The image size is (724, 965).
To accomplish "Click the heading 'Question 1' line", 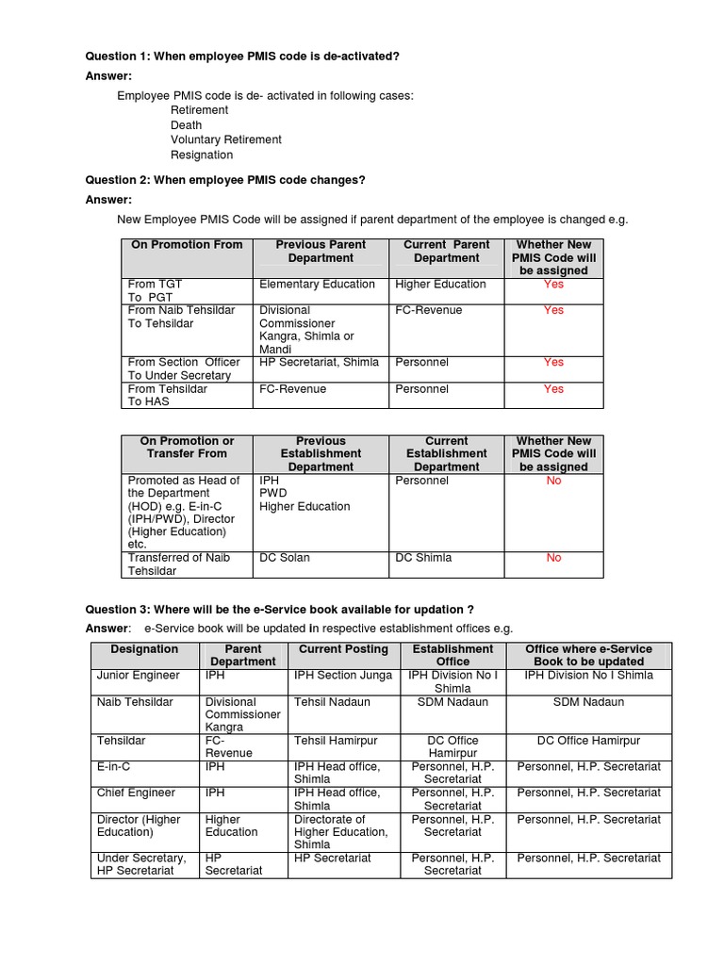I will [242, 57].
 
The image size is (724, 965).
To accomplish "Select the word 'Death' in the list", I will [186, 125].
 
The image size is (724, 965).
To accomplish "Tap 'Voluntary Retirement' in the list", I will [225, 139].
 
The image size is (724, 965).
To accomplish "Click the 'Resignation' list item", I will [202, 155].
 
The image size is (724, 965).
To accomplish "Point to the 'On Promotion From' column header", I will [187, 245].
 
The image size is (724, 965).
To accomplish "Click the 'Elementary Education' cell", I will [317, 285].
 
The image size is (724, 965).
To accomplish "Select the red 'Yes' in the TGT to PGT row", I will [553, 285].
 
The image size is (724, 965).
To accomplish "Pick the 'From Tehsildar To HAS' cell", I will [168, 395].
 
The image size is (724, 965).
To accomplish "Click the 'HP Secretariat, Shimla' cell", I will [319, 363].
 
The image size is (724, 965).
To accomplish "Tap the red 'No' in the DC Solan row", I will [553, 558].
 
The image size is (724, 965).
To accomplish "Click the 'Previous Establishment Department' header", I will [321, 453].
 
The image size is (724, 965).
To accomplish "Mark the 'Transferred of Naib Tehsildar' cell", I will [179, 564].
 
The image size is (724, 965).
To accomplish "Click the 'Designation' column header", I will [144, 649].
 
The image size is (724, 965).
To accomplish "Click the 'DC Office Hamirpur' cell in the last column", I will [588, 741].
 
